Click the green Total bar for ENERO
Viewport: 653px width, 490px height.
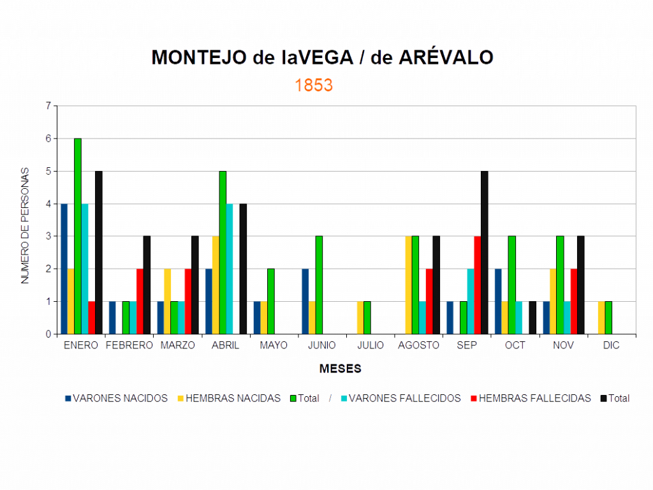tap(78, 236)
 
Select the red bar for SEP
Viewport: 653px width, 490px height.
tap(477, 285)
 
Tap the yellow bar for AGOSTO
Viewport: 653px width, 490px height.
tap(408, 285)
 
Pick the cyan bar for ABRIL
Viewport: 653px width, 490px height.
tap(230, 269)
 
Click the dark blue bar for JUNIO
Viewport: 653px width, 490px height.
tap(305, 301)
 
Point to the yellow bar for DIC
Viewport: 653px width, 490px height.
tap(601, 317)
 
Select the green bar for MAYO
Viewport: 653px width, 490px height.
tap(271, 301)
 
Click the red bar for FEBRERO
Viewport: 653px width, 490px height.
tap(140, 301)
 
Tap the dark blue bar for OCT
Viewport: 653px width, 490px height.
tap(498, 301)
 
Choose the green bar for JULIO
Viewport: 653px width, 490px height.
tap(367, 317)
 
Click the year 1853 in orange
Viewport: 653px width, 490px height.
tap(314, 85)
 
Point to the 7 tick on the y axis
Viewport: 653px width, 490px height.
tap(48, 105)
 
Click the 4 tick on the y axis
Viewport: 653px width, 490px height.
tap(48, 204)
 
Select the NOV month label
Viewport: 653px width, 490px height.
tap(563, 345)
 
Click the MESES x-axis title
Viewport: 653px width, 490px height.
tap(341, 369)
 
